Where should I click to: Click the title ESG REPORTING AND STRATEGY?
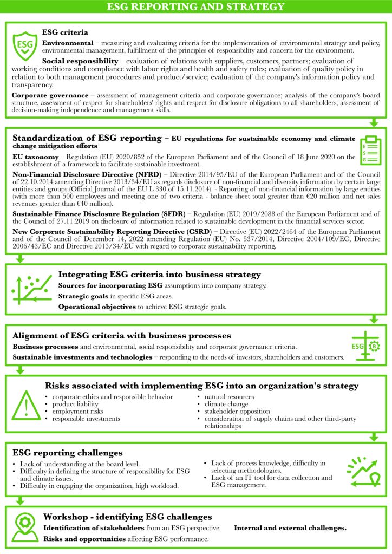[195, 7]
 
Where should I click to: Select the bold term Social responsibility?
[80, 61]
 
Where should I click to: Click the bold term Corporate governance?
[50, 95]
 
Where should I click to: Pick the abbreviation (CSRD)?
[199, 231]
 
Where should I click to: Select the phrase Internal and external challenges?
[290, 527]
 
